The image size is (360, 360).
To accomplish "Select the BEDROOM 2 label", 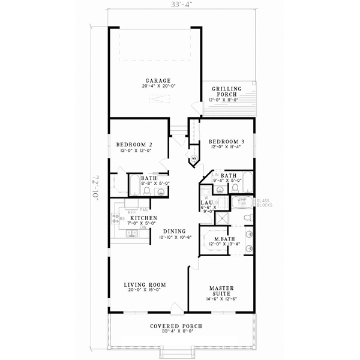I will [133, 144].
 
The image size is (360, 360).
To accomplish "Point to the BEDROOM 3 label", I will [227, 142].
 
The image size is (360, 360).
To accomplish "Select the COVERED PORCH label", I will [176, 326].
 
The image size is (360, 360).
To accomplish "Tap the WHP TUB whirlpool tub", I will [242, 202].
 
